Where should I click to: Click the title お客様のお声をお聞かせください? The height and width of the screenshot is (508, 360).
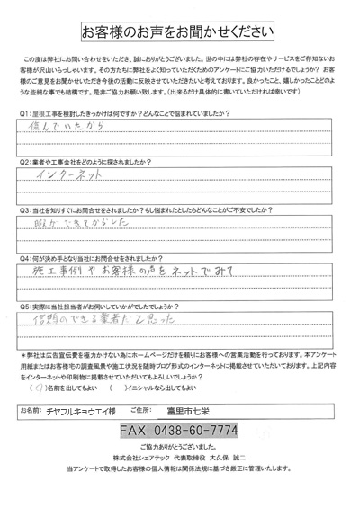[180, 32]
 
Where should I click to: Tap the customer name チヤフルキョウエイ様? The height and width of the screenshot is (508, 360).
[89, 412]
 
